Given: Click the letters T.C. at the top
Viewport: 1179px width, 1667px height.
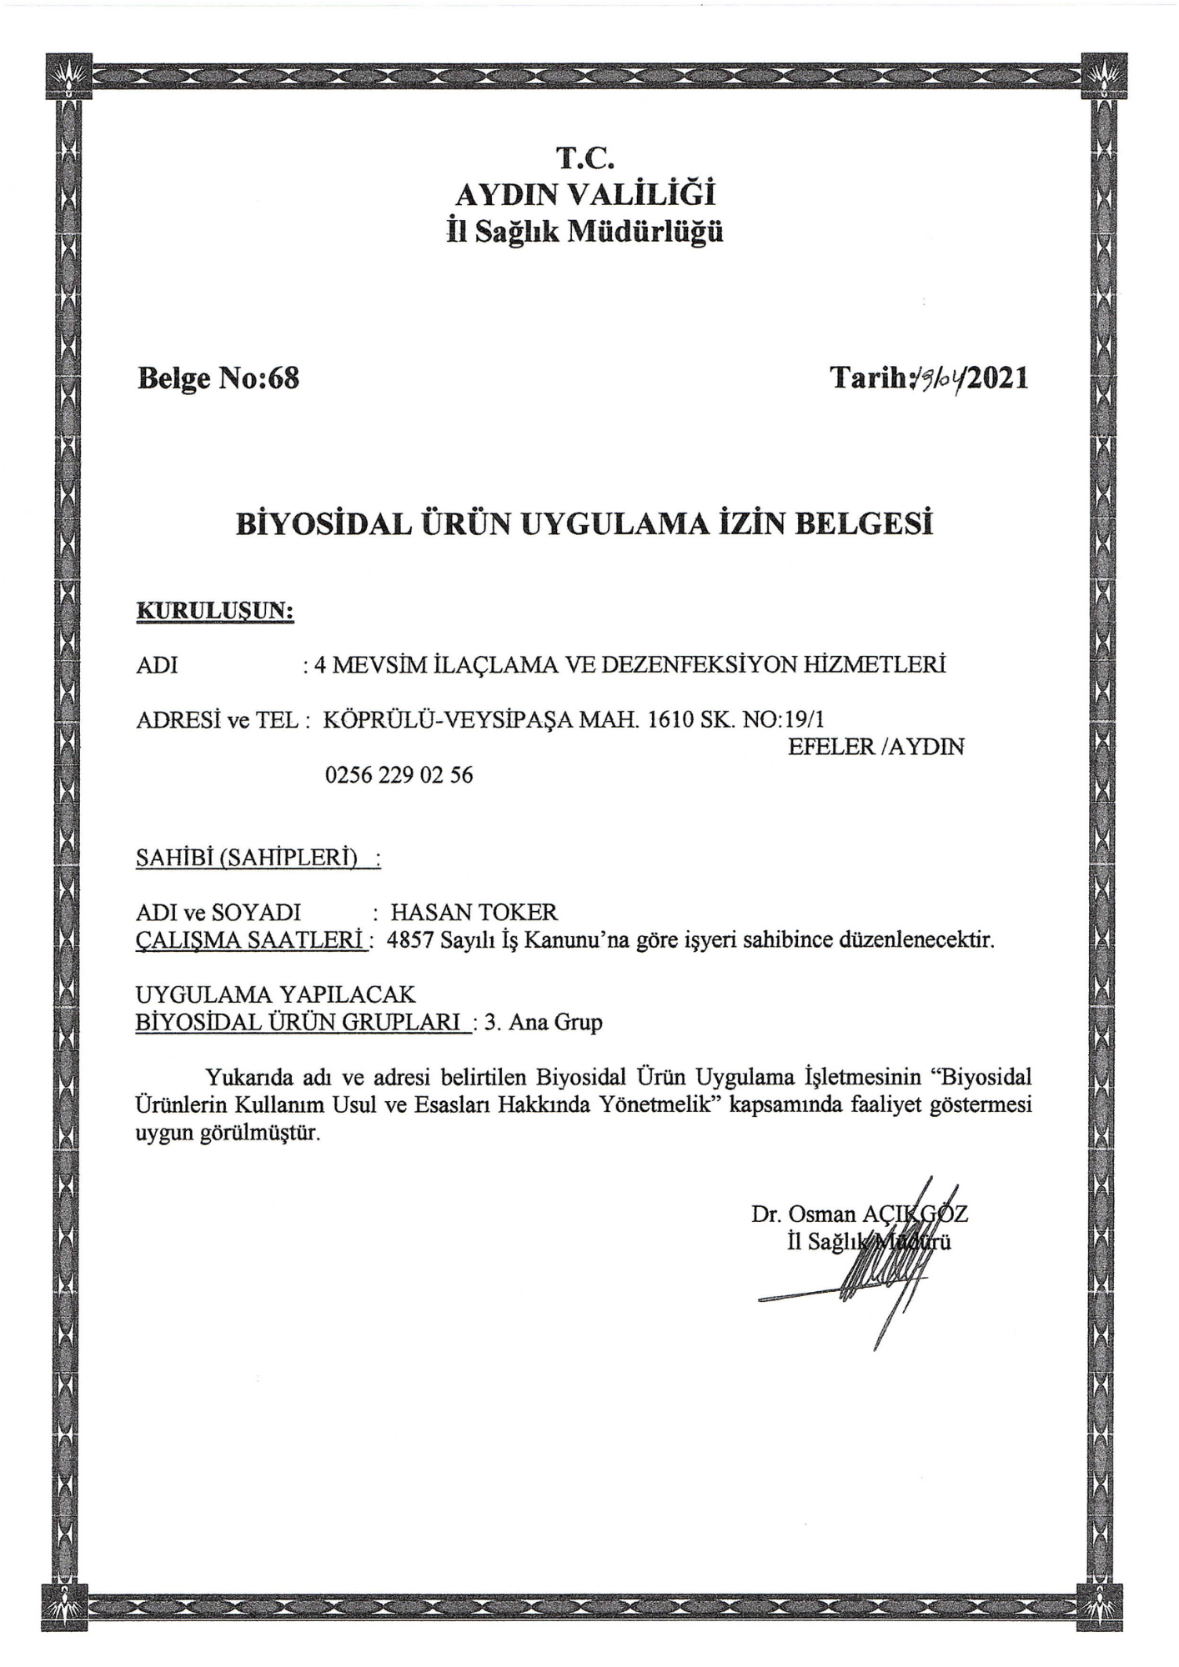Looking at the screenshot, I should coord(585,158).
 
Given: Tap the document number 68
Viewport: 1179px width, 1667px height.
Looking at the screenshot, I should coord(283,378).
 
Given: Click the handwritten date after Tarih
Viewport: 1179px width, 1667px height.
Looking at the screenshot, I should coord(939,380).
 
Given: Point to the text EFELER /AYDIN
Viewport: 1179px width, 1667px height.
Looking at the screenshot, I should coord(875,747).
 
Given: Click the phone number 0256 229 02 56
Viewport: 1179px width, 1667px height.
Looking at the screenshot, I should coord(399,775).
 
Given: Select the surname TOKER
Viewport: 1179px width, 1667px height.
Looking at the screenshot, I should coord(518,912).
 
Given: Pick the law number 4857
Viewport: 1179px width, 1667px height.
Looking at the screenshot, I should coord(411,941).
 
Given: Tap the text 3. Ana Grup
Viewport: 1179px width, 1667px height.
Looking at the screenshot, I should coord(543,1022).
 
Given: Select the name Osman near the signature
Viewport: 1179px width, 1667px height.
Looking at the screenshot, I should coord(822,1214).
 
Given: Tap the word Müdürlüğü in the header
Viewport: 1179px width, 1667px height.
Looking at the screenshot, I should coord(645,232).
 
